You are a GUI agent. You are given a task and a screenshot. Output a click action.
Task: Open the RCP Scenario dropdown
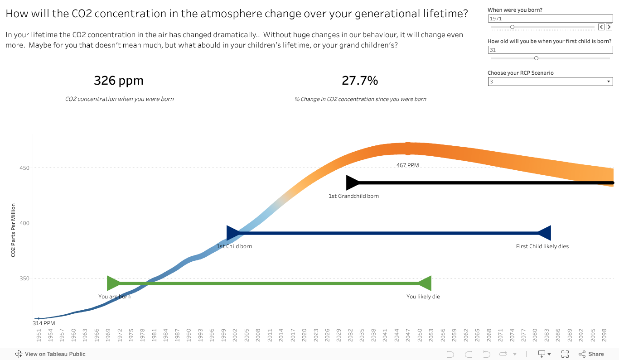coord(550,82)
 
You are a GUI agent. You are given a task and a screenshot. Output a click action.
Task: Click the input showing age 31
coord(550,50)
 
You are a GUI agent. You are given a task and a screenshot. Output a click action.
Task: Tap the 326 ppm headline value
coord(119,81)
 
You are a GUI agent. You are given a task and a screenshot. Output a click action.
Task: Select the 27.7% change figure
coord(360,81)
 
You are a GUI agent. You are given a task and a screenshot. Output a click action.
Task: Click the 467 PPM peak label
coord(407,165)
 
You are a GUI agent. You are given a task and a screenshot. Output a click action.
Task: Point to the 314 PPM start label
coord(44,323)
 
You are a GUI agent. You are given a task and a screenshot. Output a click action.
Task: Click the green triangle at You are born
coord(113,283)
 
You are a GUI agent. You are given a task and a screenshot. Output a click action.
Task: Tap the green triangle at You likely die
coord(425,283)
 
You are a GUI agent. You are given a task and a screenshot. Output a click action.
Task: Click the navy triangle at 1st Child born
coord(233,233)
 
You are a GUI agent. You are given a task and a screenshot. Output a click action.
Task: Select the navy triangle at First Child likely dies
coord(544,233)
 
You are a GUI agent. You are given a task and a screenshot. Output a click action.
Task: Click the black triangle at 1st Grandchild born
coord(352,182)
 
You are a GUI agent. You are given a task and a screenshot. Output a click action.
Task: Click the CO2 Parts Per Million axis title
coord(14,230)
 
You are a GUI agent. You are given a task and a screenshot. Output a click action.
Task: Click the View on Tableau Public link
coord(50,354)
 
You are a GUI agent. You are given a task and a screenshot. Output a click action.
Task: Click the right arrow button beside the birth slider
coord(609,27)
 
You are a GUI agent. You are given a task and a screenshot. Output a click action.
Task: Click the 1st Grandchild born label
coord(353,196)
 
